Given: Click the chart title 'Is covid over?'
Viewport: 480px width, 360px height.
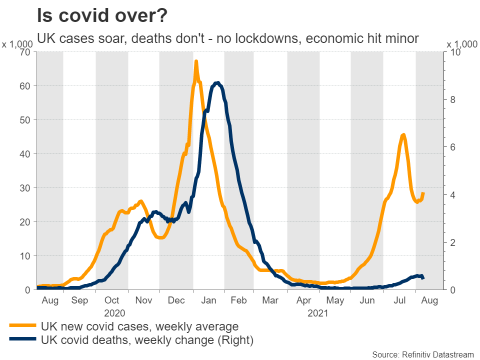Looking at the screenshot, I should click(x=102, y=15).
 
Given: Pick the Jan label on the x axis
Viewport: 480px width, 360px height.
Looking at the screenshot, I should click(x=208, y=300).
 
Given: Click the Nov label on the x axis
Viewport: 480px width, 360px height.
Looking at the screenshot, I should click(x=144, y=300).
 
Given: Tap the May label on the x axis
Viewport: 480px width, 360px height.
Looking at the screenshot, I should click(x=335, y=300).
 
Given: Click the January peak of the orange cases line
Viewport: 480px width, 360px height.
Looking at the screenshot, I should click(x=196, y=61).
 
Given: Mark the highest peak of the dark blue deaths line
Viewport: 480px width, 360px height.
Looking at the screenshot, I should click(x=217, y=82).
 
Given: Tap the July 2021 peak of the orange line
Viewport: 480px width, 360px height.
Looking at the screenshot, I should click(x=403, y=134).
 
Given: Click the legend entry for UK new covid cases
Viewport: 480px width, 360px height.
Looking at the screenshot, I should click(x=140, y=326).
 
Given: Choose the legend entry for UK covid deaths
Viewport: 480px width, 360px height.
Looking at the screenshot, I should click(x=147, y=340).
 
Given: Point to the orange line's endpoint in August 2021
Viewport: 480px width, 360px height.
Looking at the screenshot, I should click(x=423, y=193).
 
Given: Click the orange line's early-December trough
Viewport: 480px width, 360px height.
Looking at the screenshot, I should click(x=160, y=237).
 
